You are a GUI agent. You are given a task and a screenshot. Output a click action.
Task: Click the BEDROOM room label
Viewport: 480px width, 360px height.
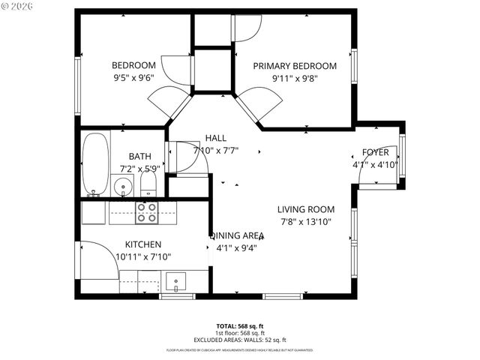tap(133, 65)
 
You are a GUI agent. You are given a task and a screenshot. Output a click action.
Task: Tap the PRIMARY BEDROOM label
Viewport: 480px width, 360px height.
tap(294, 66)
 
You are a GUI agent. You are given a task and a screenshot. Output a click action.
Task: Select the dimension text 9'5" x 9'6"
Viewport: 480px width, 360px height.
tap(133, 77)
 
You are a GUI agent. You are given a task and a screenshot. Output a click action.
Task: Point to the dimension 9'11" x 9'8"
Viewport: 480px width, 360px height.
tap(294, 78)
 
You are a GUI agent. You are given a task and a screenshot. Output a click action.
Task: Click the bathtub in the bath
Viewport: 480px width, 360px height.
tap(94, 163)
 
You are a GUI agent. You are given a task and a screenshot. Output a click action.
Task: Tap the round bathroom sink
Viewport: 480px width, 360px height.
tap(122, 185)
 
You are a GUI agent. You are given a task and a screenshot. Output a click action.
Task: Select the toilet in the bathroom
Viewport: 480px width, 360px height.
tap(148, 184)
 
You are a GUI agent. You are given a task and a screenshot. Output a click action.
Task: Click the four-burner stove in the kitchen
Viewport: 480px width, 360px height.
tap(146, 213)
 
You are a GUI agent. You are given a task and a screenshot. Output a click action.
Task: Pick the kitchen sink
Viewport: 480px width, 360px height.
tap(175, 282)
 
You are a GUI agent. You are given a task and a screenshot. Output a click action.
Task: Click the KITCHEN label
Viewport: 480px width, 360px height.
tap(142, 244)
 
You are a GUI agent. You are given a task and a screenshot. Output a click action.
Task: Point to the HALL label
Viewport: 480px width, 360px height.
tap(215, 138)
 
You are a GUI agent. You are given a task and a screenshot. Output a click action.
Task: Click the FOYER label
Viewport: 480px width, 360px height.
tap(375, 152)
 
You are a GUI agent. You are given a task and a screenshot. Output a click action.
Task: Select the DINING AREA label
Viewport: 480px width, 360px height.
tap(237, 235)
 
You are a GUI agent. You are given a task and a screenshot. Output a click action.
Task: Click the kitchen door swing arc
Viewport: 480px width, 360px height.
tap(95, 259)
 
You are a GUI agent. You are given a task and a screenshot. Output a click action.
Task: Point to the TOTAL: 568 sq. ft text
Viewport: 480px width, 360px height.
tap(239, 326)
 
